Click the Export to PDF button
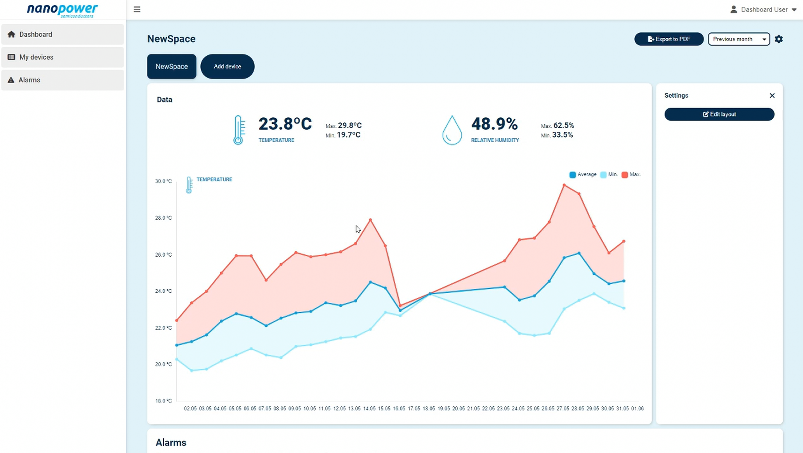pos(669,39)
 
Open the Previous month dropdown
pos(739,39)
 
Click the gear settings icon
pos(779,39)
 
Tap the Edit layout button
pos(719,114)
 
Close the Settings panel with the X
pos(772,96)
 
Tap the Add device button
pos(227,66)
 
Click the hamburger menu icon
pos(137,9)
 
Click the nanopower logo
pos(62,10)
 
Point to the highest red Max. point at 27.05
pos(564,185)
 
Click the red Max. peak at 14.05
pos(370,220)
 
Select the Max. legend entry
pos(631,174)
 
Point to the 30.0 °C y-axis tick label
pos(163,181)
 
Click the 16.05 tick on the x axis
pos(399,408)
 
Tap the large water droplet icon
pos(452,130)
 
